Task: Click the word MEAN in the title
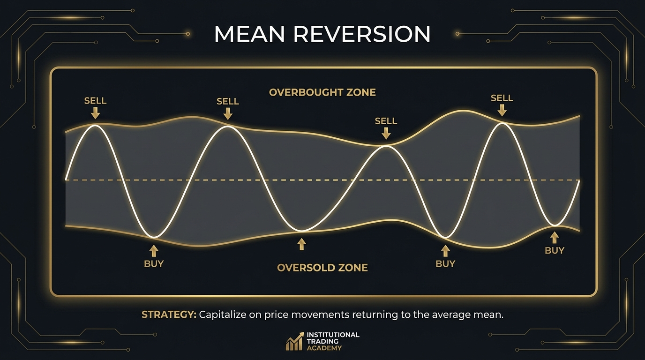point(249,34)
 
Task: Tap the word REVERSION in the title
point(362,34)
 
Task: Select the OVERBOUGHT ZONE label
point(322,92)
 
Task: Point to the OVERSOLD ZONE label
point(322,268)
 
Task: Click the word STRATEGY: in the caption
point(169,315)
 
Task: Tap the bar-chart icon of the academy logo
point(294,341)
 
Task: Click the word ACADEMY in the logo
point(324,348)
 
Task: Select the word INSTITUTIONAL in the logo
point(333,335)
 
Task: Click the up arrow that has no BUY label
point(301,244)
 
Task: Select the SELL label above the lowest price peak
point(386,121)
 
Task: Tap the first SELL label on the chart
point(95,101)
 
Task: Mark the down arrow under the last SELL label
point(502,110)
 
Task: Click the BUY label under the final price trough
point(554,251)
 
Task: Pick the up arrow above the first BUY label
point(154,251)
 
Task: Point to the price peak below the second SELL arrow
point(227,126)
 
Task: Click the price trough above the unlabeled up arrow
point(301,231)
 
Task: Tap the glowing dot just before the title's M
point(188,34)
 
